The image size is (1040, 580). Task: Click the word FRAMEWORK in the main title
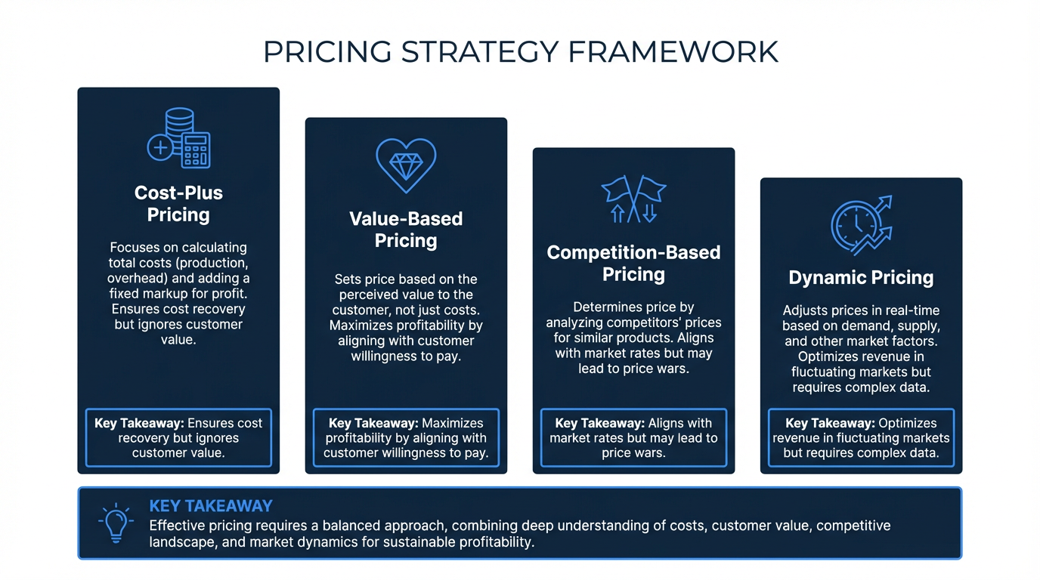pos(673,51)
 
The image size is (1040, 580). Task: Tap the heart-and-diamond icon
pos(406,165)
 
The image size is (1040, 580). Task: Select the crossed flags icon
pos(633,199)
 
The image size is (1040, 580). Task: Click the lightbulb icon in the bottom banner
pos(116,523)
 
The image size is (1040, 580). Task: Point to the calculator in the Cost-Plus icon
pos(196,150)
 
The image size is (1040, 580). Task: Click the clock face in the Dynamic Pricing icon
pos(854,227)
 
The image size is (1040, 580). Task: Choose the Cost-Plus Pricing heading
pos(178,204)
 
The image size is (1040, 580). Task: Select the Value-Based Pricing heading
pos(406,230)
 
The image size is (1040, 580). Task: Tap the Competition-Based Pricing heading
pos(633,263)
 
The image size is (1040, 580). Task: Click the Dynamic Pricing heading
pos(861,277)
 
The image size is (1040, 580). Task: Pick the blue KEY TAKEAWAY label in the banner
pos(211,506)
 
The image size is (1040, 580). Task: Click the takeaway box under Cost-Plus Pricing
pos(178,437)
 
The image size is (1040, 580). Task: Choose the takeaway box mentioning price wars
pos(633,437)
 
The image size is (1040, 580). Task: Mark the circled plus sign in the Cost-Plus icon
pos(160,148)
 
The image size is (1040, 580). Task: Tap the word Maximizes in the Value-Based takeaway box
pos(452,423)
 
